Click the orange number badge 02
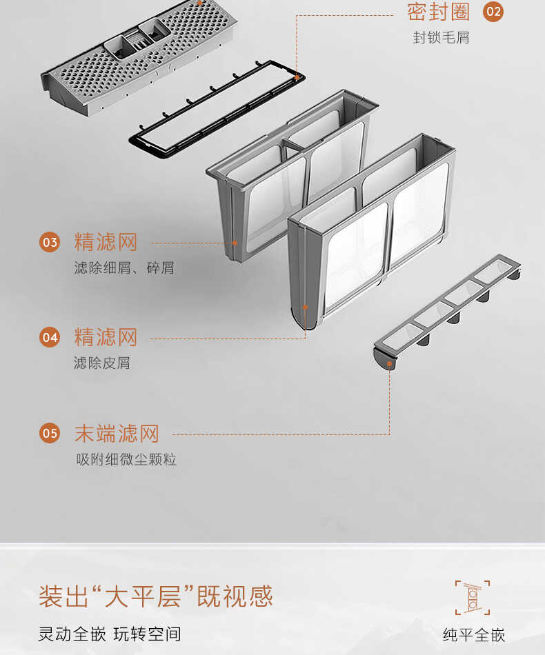point(493,12)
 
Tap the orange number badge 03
point(50,242)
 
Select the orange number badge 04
point(50,337)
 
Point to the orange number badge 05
point(50,433)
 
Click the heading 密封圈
point(438,12)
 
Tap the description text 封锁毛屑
point(441,38)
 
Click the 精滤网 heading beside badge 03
point(106,242)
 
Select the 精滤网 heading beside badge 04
point(106,337)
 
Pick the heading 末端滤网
point(117,433)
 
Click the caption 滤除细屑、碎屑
point(124,268)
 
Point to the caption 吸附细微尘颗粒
point(126,459)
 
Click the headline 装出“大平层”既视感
point(156,596)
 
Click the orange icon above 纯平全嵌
point(473,597)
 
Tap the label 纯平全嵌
point(474,635)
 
